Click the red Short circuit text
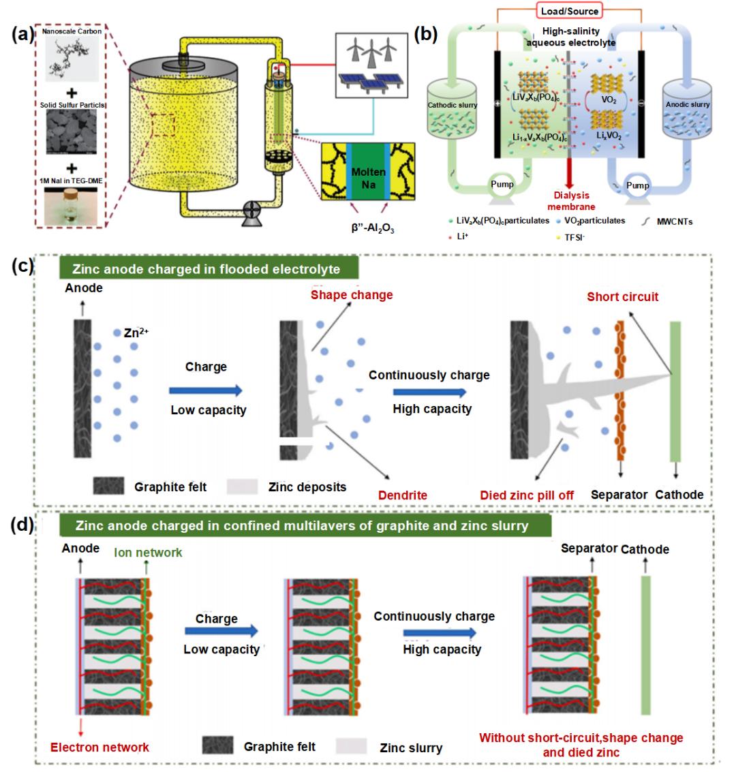(623, 297)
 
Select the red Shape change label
(352, 295)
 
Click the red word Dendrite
(404, 495)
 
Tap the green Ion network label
(148, 553)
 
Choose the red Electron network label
(99, 747)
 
